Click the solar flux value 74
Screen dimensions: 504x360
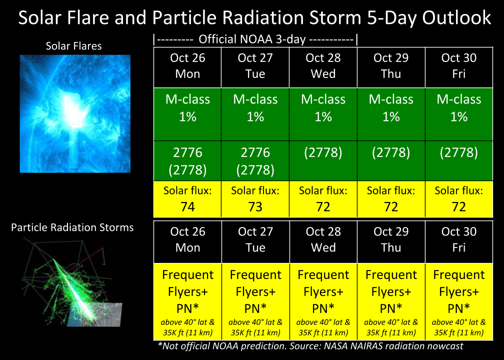coord(187,206)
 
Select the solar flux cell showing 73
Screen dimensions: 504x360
coord(255,199)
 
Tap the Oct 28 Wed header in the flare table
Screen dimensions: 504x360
coord(323,67)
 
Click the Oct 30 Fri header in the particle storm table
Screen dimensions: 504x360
coord(459,241)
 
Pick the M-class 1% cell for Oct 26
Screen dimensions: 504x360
coord(187,114)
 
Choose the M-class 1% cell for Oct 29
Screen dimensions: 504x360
coord(391,114)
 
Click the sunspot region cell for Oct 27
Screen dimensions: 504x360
coord(255,160)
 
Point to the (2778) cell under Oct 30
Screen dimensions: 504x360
coord(459,160)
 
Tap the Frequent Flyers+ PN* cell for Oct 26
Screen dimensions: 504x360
coord(187,301)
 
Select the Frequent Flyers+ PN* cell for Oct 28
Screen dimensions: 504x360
coord(323,301)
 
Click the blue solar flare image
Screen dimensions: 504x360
coord(75,114)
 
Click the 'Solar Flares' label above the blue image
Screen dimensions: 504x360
coord(73,46)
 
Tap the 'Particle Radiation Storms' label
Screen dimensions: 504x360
coord(72,227)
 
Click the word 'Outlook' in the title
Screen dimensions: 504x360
coord(456,17)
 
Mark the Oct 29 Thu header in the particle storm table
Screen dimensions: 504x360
coord(391,241)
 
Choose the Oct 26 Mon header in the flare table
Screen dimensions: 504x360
coord(187,67)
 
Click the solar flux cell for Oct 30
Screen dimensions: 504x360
coord(459,199)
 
